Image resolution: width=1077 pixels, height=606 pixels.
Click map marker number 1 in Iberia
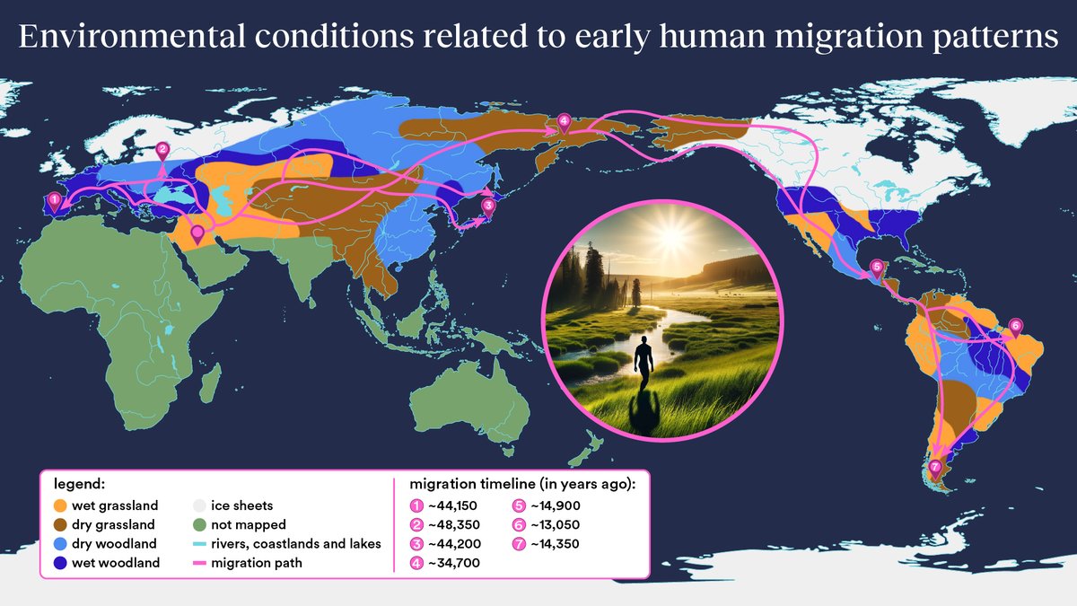click(x=55, y=199)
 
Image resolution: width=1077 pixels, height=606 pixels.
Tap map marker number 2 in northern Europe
click(x=162, y=150)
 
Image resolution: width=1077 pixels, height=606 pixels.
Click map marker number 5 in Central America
click(x=877, y=267)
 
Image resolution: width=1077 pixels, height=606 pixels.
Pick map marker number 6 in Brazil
click(x=1015, y=326)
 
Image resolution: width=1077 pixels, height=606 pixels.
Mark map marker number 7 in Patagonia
click(x=935, y=467)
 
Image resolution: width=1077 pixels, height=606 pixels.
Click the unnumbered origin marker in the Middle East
click(x=197, y=234)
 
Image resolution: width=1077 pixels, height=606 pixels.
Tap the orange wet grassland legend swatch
click(x=60, y=505)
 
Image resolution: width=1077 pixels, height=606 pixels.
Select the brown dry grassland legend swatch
click(x=60, y=524)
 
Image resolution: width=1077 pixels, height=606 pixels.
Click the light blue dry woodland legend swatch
click(x=60, y=544)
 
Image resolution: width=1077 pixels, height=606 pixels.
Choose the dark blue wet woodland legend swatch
click(x=60, y=564)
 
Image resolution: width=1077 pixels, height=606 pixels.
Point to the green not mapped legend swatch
click(x=200, y=524)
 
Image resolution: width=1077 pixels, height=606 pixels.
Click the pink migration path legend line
click(x=200, y=564)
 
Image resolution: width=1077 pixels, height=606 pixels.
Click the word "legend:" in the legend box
click(x=78, y=484)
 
